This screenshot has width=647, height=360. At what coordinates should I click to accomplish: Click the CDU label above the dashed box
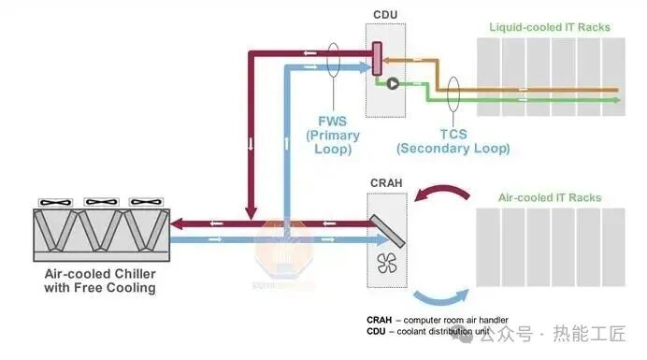(x=385, y=15)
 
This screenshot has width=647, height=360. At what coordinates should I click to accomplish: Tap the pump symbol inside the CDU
(x=393, y=84)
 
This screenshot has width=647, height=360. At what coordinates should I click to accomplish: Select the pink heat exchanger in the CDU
(x=377, y=59)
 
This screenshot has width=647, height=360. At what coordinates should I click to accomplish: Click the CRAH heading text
(x=386, y=183)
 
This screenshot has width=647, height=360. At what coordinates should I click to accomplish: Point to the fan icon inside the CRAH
(x=387, y=263)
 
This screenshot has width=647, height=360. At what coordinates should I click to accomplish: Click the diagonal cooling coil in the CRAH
(x=387, y=231)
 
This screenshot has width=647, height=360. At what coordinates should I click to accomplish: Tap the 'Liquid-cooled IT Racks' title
(x=550, y=27)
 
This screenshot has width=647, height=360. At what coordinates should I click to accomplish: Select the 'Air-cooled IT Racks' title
(x=550, y=197)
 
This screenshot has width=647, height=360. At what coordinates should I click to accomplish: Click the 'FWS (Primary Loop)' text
(x=333, y=136)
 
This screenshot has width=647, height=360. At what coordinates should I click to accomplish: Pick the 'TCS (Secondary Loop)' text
(x=453, y=141)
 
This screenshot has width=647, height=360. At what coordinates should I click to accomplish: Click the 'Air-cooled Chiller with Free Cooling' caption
(x=100, y=281)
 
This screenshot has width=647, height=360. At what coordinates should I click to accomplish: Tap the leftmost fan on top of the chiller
(x=55, y=202)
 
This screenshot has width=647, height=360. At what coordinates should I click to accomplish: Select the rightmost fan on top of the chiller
(x=146, y=202)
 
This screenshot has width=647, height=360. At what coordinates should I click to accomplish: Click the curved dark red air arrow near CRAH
(x=442, y=190)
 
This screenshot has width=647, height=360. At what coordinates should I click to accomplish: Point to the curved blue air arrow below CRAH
(x=440, y=299)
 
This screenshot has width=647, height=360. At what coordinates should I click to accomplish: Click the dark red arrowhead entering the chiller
(x=176, y=224)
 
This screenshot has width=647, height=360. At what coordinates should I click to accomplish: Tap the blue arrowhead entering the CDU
(x=365, y=67)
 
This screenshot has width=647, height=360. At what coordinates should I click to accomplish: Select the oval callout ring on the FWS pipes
(x=334, y=60)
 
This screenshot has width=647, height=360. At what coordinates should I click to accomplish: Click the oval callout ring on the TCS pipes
(x=453, y=94)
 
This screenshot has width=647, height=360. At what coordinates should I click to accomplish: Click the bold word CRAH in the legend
(x=379, y=320)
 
